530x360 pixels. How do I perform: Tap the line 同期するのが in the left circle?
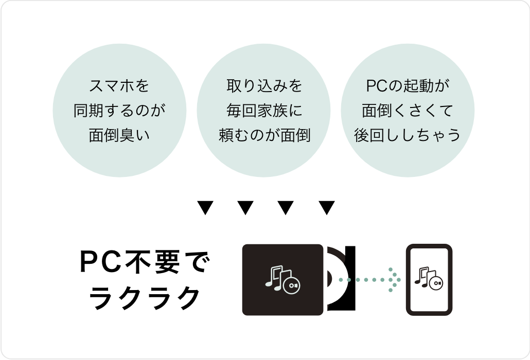coord(119,111)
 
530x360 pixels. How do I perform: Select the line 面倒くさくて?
coord(407,111)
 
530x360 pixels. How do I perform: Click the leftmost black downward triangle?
coord(205,208)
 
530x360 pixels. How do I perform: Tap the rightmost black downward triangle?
coord(327,208)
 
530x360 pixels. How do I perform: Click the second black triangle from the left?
coord(246,208)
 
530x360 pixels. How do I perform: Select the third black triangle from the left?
coord(286,208)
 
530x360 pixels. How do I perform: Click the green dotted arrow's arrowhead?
coord(393,280)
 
